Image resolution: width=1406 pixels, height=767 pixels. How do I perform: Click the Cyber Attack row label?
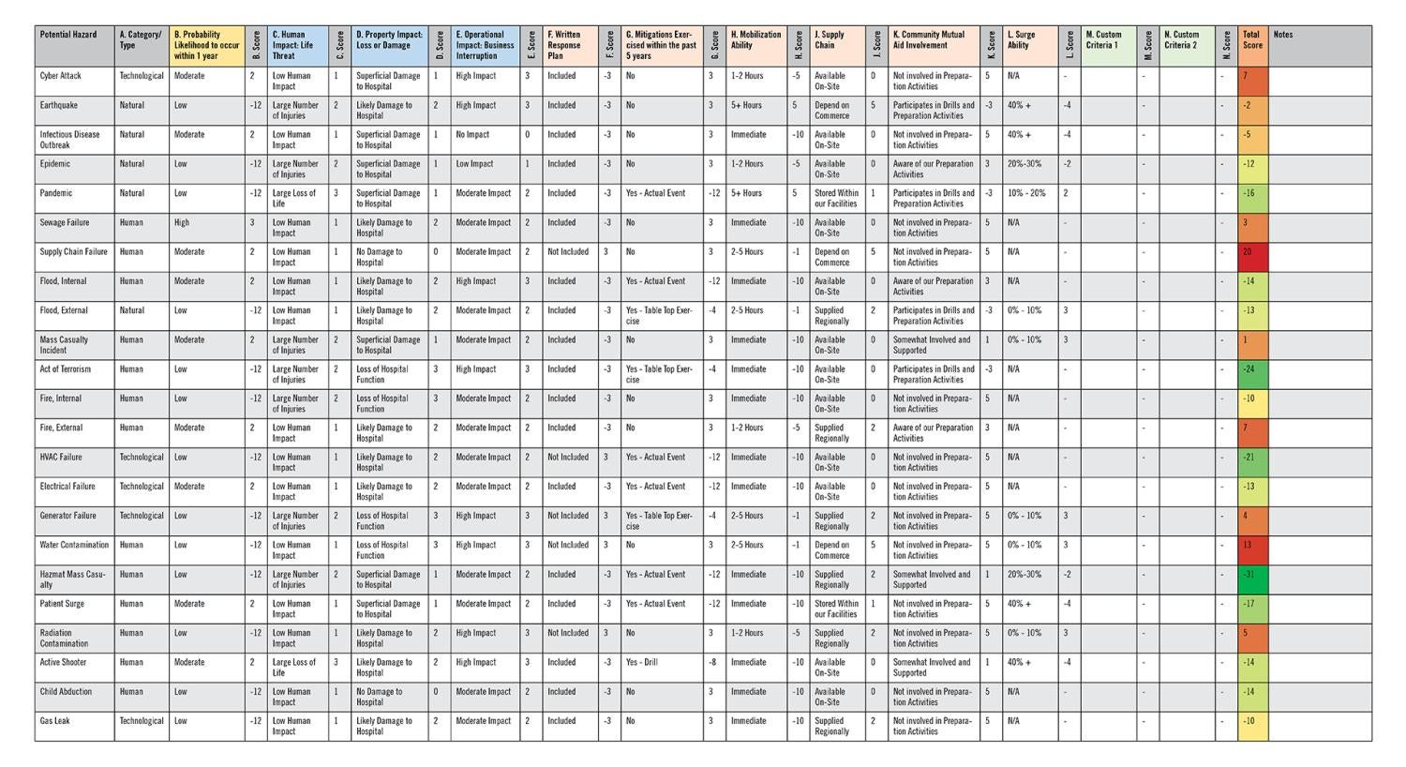point(61,76)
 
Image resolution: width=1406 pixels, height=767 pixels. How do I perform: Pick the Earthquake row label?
point(59,105)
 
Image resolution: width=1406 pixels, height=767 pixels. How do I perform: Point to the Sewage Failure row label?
point(65,222)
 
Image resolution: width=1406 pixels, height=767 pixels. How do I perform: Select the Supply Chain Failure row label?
point(73,251)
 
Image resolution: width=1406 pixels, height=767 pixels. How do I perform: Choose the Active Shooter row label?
point(63,662)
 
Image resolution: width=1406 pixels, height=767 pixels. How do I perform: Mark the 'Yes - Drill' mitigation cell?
point(642,662)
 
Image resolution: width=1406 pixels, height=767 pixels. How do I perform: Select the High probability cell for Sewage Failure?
point(182,222)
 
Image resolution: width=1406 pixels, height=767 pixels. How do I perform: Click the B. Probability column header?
point(207,45)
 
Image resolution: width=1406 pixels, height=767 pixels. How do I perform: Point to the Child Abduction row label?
point(66,691)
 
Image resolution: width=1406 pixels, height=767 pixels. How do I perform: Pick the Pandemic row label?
point(56,193)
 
